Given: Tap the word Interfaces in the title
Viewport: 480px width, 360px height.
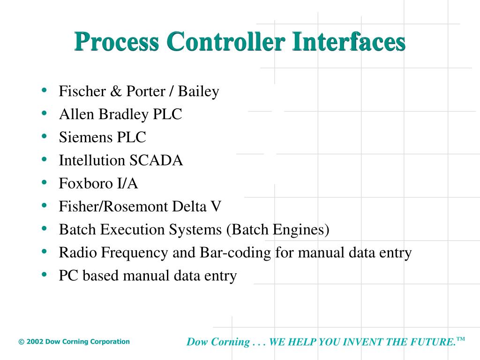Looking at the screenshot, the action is click(x=348, y=42).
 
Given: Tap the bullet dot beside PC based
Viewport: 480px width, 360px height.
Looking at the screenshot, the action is click(x=44, y=274).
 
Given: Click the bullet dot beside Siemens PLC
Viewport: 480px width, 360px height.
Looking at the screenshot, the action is click(x=44, y=136).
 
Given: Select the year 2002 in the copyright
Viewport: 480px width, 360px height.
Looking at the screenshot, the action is click(x=35, y=342).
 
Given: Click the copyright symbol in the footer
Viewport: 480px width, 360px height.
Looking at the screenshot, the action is click(x=21, y=342).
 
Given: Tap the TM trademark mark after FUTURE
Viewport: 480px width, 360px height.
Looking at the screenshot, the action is click(x=461, y=338).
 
